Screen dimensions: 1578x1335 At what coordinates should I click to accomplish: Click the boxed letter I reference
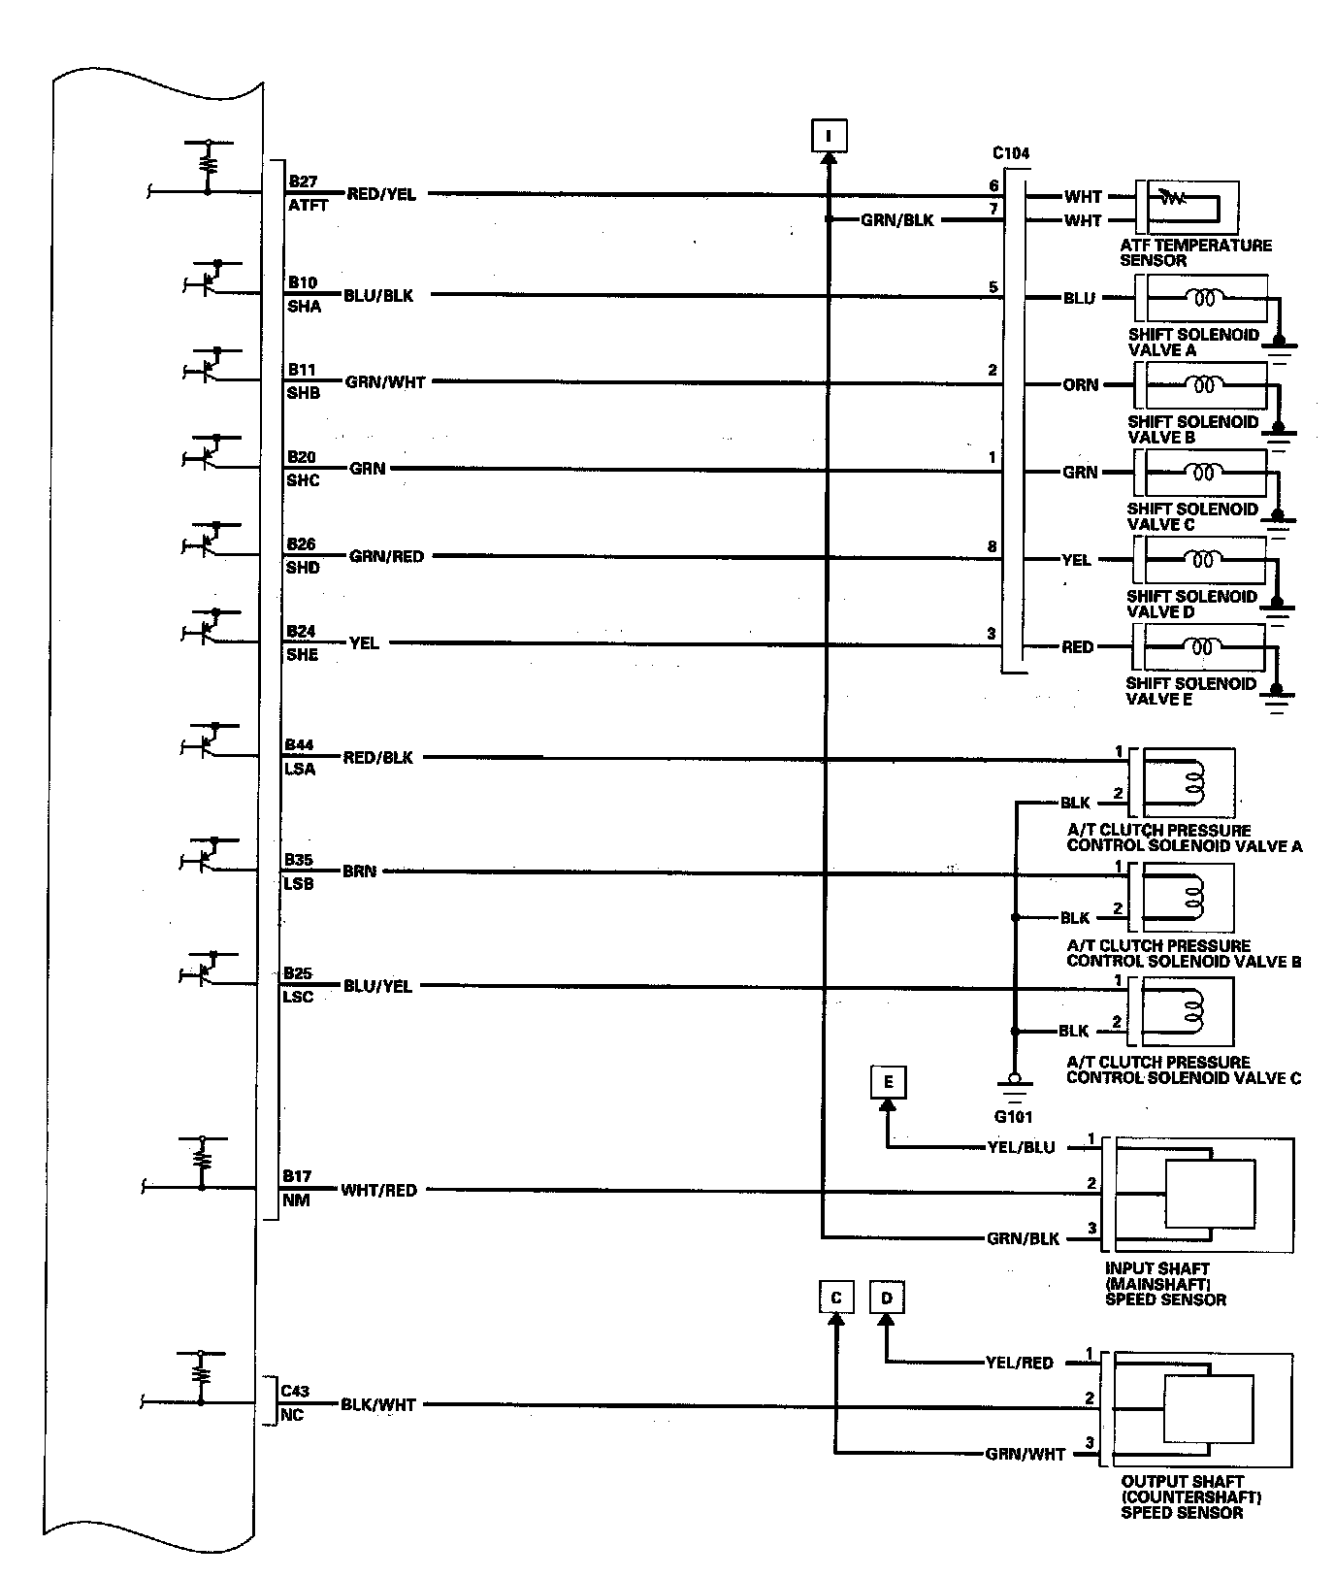(x=829, y=135)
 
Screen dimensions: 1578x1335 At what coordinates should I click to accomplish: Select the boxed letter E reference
(x=888, y=1081)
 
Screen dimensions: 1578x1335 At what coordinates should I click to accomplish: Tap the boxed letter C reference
(x=835, y=1298)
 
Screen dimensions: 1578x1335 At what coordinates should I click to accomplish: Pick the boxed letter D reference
(x=886, y=1298)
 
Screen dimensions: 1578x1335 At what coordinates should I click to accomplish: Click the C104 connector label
(x=1011, y=153)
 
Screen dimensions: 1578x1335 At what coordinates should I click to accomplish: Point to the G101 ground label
(x=1014, y=1117)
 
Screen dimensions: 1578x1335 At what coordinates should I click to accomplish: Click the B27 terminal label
(x=302, y=181)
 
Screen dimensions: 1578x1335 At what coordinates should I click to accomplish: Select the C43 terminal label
(x=295, y=1391)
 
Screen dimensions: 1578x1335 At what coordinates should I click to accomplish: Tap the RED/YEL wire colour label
(x=381, y=194)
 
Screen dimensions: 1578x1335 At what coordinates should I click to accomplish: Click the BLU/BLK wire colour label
(x=378, y=295)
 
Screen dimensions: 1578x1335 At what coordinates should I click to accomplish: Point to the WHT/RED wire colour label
(x=378, y=1190)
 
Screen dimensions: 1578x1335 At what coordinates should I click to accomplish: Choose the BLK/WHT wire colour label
(x=377, y=1404)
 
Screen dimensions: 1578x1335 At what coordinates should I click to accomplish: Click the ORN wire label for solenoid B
(x=1080, y=385)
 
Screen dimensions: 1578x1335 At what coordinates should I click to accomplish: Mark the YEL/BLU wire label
(x=1021, y=1147)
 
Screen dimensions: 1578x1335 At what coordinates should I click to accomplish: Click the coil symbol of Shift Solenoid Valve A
(x=1203, y=298)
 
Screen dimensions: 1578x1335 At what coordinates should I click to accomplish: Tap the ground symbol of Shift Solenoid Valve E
(x=1278, y=701)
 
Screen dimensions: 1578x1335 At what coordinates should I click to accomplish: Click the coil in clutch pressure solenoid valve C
(x=1192, y=1010)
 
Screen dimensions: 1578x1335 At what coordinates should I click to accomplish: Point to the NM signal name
(x=297, y=1200)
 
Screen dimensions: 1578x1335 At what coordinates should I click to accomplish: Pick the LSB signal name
(x=299, y=884)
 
